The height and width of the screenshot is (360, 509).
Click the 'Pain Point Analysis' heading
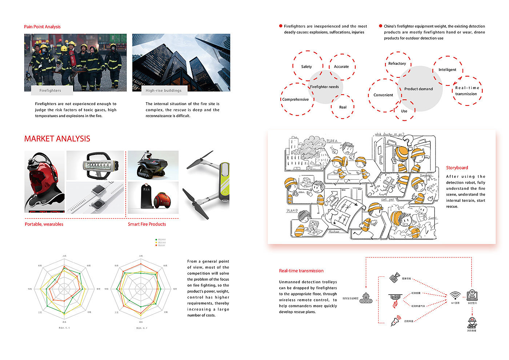[42, 27]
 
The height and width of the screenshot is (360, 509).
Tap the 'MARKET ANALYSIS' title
[57, 139]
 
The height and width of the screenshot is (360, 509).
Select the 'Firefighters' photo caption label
[50, 91]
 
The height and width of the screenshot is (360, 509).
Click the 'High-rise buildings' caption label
[164, 91]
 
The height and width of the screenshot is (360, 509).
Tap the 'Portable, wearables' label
[44, 224]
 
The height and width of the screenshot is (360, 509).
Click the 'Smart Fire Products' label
[147, 224]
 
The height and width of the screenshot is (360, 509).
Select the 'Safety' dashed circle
[307, 66]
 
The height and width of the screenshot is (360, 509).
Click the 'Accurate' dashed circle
[341, 67]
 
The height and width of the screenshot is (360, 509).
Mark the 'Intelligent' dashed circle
[447, 70]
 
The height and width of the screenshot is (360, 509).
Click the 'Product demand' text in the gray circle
[418, 89]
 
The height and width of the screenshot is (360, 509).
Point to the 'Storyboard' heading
[457, 168]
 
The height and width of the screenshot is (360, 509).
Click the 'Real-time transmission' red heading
[301, 271]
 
